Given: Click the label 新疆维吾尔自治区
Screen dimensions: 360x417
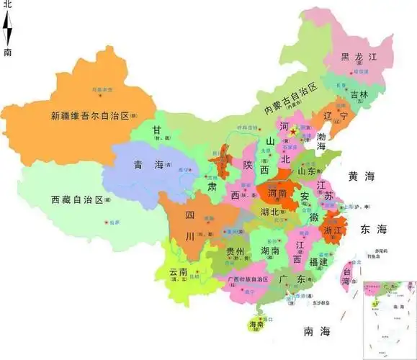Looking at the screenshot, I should pos(88,114).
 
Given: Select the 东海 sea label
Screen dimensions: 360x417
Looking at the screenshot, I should pos(373,229).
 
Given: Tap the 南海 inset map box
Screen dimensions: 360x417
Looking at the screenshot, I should pos(388,315).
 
